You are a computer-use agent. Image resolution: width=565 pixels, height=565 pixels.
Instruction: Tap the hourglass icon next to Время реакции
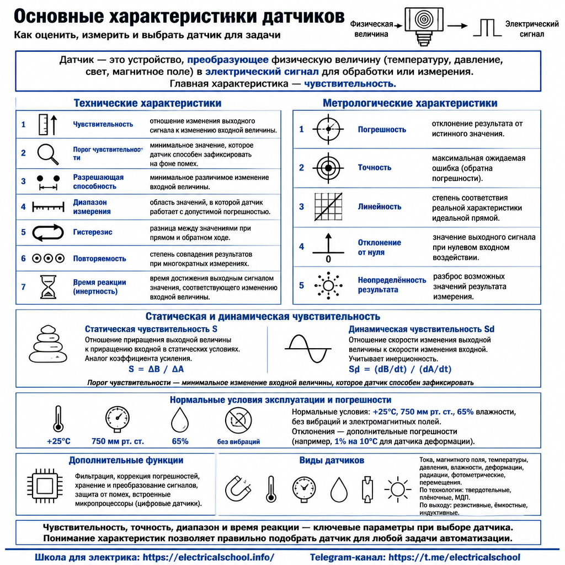point(48,287)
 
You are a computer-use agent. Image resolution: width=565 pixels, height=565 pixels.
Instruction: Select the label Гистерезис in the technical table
point(93,232)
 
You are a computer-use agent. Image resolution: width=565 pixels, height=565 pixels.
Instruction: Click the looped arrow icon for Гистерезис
point(48,232)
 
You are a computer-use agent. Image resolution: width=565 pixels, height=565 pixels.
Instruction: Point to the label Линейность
point(380,207)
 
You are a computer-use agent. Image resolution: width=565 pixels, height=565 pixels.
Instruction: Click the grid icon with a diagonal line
point(328,207)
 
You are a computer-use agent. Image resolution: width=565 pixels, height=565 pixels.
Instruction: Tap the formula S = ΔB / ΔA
point(156,369)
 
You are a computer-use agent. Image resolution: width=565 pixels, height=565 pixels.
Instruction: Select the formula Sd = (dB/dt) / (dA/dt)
point(400,369)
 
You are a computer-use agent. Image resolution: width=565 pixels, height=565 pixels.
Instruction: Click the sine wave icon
point(308,349)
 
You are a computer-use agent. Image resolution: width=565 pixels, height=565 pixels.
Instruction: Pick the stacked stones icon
point(48,344)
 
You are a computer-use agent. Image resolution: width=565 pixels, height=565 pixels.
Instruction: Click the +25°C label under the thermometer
point(58,441)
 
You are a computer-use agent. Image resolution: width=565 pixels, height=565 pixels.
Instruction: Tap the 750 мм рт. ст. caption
point(118,441)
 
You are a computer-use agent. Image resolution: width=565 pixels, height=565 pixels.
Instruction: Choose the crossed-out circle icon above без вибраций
point(238,420)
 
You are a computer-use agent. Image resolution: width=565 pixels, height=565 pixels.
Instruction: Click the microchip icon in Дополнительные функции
point(45,486)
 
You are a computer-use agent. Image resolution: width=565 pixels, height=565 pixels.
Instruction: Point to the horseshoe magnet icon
point(238,489)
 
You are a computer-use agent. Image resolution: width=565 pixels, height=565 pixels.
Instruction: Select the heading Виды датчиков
point(332,461)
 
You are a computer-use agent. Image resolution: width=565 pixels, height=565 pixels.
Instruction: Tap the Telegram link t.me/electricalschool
point(454,557)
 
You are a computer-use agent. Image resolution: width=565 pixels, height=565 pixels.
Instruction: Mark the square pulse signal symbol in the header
point(487,28)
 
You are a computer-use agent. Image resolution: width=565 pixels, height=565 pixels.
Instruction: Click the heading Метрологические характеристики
point(410,103)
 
